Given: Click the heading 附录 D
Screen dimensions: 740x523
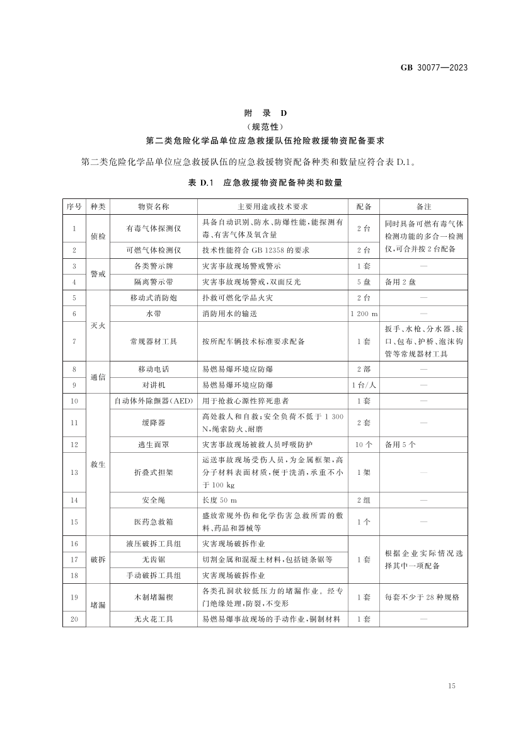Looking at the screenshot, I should (265, 113).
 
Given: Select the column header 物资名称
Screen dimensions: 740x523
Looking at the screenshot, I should (154, 207).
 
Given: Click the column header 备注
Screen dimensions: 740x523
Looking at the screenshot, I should (423, 207).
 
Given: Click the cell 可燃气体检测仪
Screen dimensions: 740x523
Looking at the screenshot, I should (154, 250).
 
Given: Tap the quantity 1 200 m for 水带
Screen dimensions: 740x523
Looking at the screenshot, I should (364, 314).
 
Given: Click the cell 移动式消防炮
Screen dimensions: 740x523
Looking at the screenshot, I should (154, 297).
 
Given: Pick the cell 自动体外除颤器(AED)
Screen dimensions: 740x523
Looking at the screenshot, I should (154, 401).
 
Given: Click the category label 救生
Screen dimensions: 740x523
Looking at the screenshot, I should (98, 464).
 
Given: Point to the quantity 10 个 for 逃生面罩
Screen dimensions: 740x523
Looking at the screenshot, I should (364, 444).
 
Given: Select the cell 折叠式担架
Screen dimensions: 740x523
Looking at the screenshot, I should (154, 472).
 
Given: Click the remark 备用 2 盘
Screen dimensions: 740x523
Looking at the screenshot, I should (400, 282).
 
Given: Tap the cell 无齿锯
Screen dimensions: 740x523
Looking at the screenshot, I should (154, 559).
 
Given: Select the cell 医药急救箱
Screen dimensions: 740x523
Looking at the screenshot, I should (154, 521).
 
